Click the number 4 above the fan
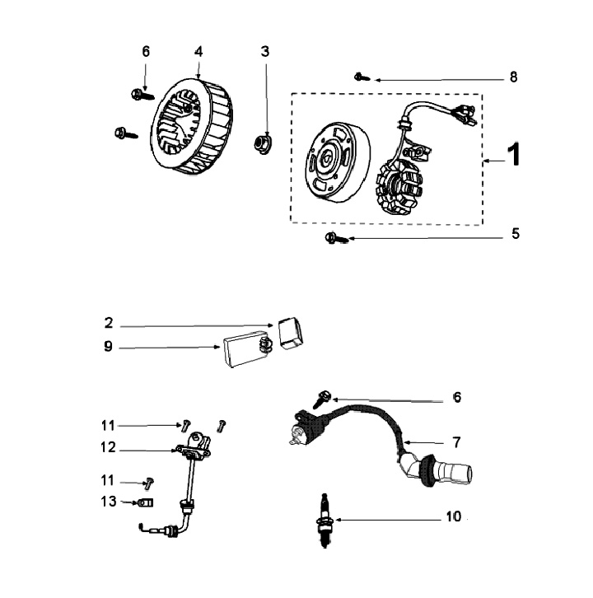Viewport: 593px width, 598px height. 198,51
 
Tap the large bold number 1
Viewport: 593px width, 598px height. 513,156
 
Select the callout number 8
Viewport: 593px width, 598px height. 513,77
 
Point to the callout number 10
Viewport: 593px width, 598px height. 454,518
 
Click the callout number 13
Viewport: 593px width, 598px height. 108,502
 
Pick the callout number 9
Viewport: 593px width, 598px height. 108,347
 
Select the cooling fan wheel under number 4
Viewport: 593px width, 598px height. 192,128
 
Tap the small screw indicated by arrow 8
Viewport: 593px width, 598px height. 361,77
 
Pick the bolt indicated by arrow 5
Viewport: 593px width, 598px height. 333,238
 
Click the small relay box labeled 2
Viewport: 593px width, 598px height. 290,331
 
